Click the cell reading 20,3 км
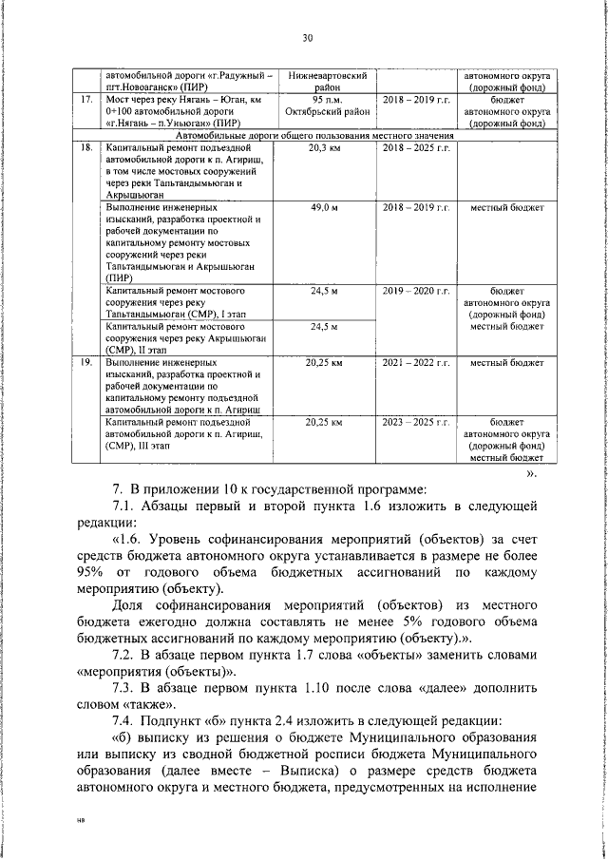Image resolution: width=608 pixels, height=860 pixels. click(324, 149)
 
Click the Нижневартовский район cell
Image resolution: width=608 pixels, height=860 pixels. click(324, 78)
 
